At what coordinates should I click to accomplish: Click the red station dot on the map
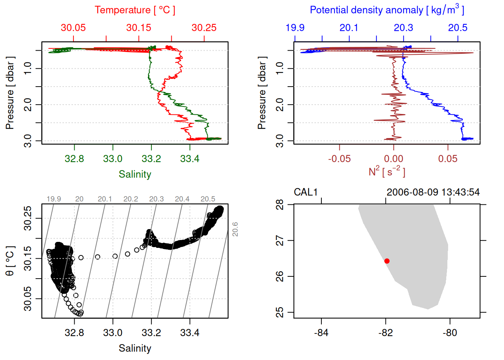(387, 261)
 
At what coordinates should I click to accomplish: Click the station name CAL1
(306, 192)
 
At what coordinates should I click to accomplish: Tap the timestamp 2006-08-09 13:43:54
(433, 192)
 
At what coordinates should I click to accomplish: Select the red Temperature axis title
(135, 10)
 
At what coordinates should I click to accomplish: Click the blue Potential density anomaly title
(387, 10)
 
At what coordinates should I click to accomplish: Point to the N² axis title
(387, 172)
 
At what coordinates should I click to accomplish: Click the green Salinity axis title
(135, 174)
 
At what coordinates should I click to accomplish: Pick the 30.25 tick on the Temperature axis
(204, 28)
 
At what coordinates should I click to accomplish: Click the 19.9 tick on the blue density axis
(295, 28)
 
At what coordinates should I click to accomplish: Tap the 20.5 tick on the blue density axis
(458, 28)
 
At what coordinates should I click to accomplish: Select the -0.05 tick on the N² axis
(339, 159)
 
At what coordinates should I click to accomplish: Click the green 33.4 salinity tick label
(190, 159)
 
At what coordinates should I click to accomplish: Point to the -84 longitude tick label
(321, 333)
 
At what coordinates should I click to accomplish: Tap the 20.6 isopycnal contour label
(235, 229)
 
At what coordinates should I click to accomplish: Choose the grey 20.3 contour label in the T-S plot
(156, 199)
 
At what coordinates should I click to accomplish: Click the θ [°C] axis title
(10, 261)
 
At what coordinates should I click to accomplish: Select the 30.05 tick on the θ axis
(28, 299)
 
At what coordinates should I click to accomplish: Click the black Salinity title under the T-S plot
(135, 348)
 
